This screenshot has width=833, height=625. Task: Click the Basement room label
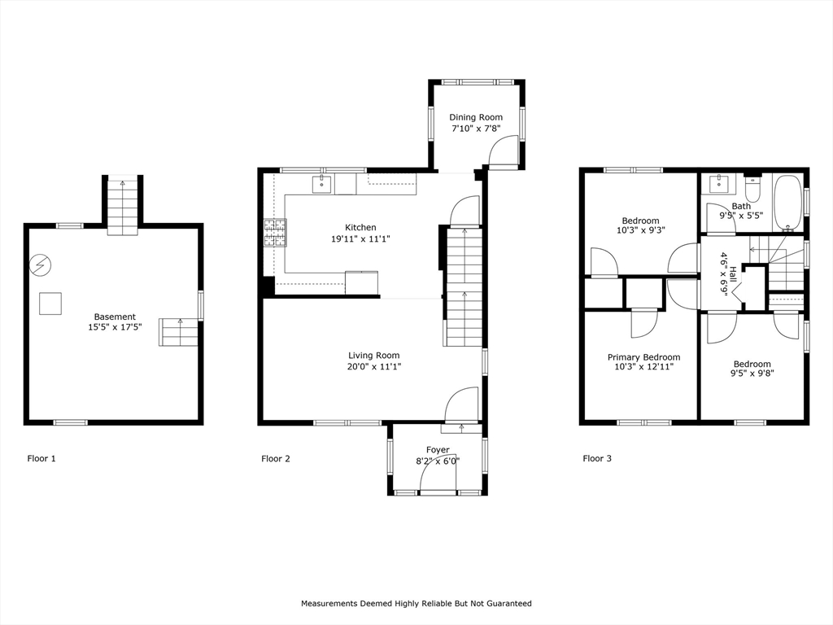[x=115, y=317]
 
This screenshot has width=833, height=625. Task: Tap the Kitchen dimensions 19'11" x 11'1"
[x=360, y=239]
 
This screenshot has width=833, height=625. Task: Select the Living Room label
[x=374, y=356]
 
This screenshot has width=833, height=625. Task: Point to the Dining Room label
[x=476, y=117]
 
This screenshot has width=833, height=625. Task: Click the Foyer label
[x=438, y=450]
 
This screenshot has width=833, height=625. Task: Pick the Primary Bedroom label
[x=644, y=357]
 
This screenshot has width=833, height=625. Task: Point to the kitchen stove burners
[x=275, y=234]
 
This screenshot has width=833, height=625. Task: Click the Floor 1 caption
[x=41, y=459]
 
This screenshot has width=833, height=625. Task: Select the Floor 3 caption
[x=597, y=459]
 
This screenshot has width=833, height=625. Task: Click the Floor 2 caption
[x=276, y=459]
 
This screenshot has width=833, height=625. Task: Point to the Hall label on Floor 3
[x=733, y=276]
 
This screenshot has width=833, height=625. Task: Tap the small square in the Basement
[x=50, y=304]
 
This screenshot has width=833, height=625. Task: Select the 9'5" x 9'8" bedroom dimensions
[x=752, y=373]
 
